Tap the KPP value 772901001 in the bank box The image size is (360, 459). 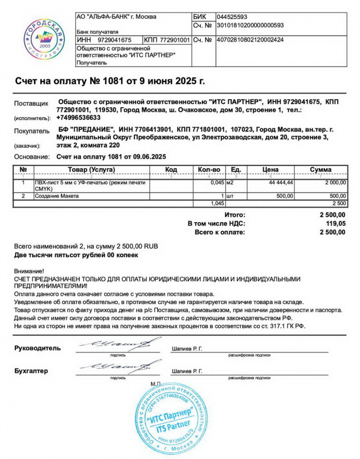point(175,40)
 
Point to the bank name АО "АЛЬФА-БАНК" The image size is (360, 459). point(117,17)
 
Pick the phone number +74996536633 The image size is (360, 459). point(79,117)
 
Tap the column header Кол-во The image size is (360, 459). point(209,170)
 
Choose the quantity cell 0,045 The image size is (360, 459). point(217,182)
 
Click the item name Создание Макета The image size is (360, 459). point(57,195)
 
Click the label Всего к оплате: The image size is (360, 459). point(220,232)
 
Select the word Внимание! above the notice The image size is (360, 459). point(29,271)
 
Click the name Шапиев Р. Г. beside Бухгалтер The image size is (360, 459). point(187,371)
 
